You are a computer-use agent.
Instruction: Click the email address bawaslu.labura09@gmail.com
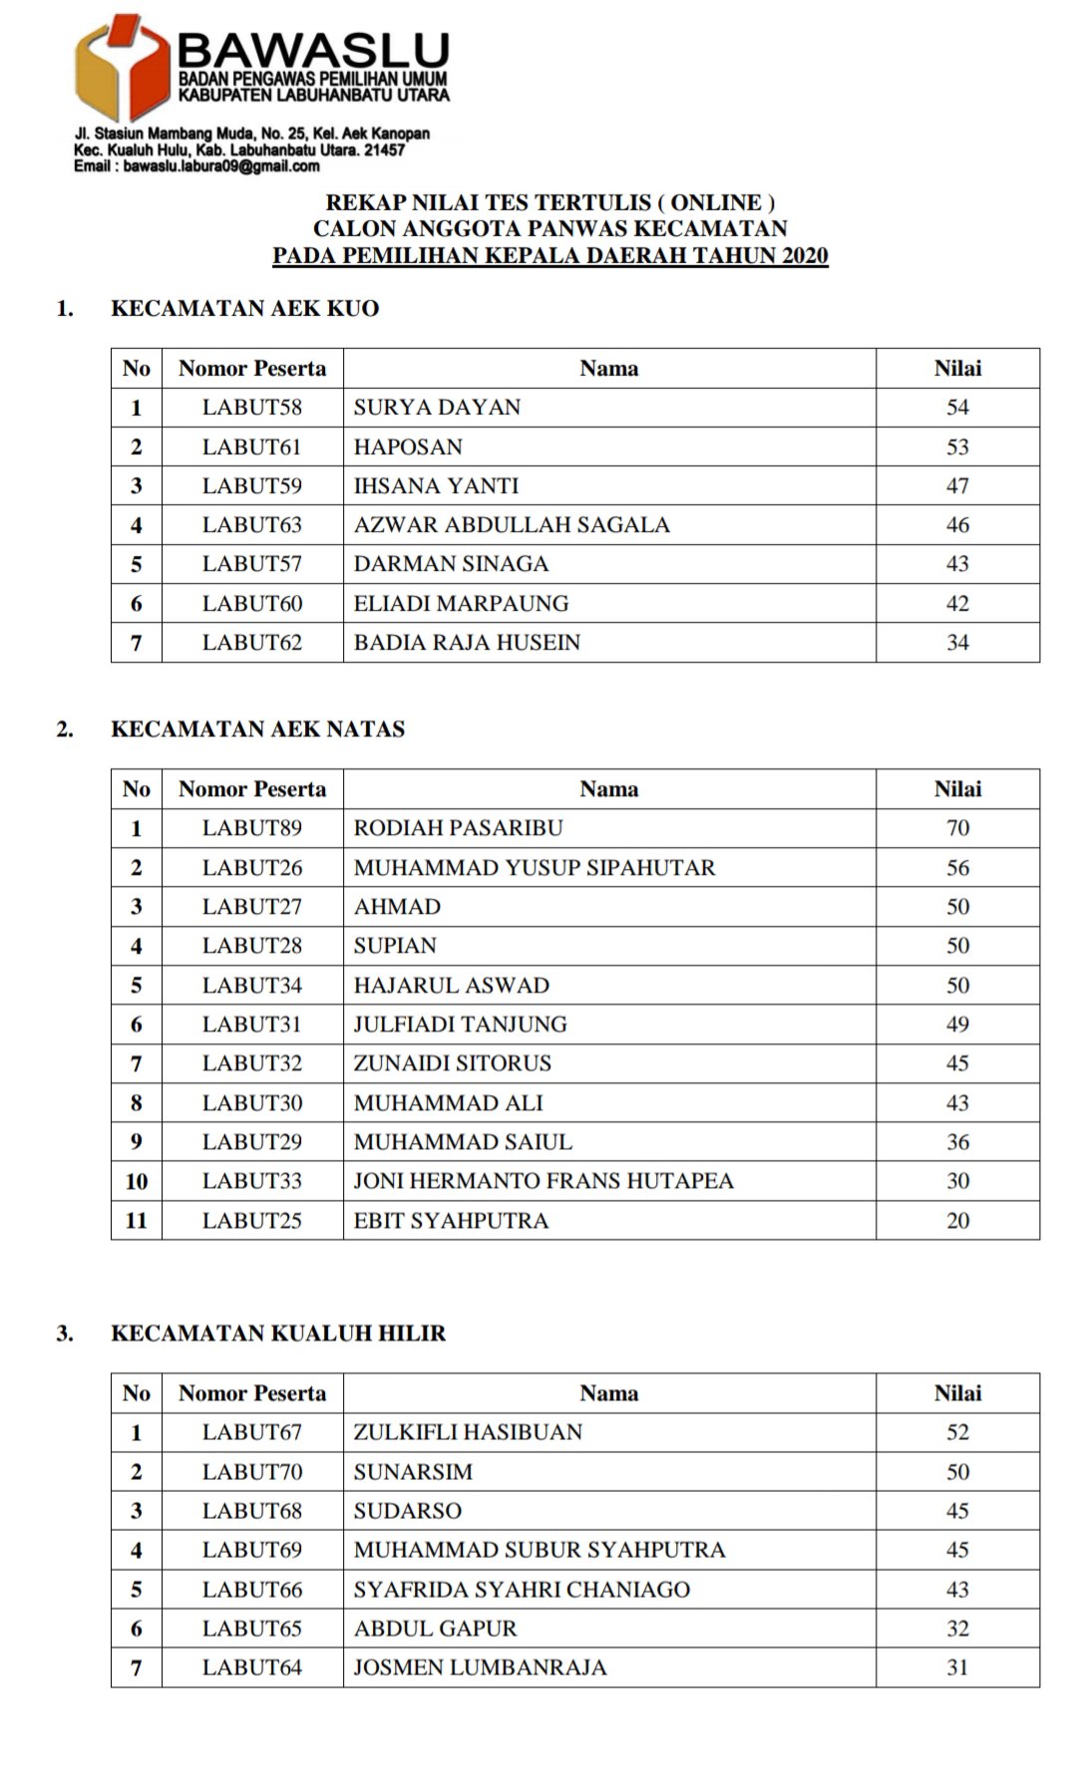[221, 166]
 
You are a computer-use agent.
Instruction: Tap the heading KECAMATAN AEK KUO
[244, 309]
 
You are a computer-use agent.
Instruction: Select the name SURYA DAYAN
[437, 408]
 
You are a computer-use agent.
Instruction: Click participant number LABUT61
[251, 446]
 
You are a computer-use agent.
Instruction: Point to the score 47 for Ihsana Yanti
[957, 486]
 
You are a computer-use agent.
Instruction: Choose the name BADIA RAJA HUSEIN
[467, 643]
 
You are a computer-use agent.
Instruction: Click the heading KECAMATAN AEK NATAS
[257, 730]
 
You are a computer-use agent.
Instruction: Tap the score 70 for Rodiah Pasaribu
[957, 828]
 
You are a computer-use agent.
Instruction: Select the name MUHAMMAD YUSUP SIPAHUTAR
[535, 868]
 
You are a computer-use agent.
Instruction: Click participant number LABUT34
[251, 986]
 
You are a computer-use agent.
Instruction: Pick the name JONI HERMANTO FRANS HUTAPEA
[543, 1181]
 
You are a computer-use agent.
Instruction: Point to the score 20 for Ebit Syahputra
[957, 1221]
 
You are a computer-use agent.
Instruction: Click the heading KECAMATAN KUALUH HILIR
[278, 1334]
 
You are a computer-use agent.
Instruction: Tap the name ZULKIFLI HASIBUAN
[468, 1432]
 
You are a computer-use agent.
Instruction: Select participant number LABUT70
[251, 1472]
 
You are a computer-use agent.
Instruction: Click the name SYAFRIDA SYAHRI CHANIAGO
[522, 1590]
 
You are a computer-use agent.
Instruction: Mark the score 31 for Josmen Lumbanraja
[957, 1667]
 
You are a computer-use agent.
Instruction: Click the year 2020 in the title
[804, 256]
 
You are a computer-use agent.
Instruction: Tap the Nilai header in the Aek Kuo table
[957, 369]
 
